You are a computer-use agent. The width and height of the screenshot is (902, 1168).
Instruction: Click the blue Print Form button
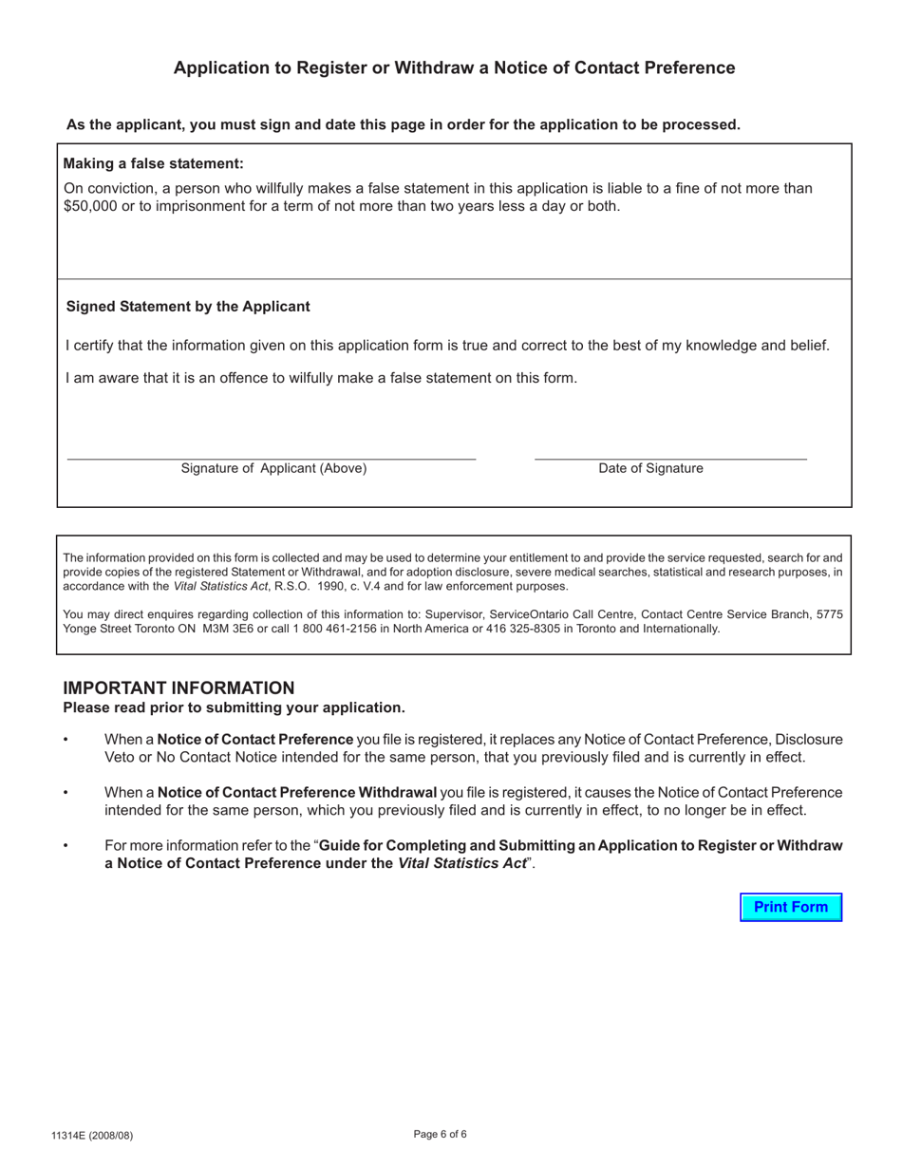(x=791, y=907)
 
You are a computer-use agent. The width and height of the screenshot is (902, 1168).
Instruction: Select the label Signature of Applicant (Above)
(x=273, y=468)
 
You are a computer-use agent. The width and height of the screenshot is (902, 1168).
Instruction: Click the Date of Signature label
(x=650, y=468)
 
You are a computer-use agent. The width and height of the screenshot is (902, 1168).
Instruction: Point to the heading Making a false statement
(x=153, y=163)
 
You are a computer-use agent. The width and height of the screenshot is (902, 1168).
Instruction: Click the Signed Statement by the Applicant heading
(x=188, y=307)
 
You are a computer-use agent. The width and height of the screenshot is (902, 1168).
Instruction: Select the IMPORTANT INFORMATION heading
(x=179, y=688)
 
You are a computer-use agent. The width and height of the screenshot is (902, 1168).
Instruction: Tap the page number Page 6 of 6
(x=441, y=1134)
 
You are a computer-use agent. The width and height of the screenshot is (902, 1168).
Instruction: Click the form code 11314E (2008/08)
(x=92, y=1136)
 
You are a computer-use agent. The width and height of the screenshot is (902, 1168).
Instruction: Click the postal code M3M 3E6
(x=231, y=629)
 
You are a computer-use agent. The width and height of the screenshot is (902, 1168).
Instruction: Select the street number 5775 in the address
(x=829, y=614)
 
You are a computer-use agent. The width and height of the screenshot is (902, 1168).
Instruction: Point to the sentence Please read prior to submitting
(x=234, y=707)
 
